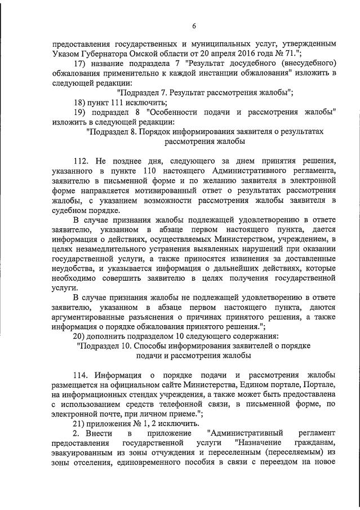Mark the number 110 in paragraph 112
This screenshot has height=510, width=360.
click(168, 170)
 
